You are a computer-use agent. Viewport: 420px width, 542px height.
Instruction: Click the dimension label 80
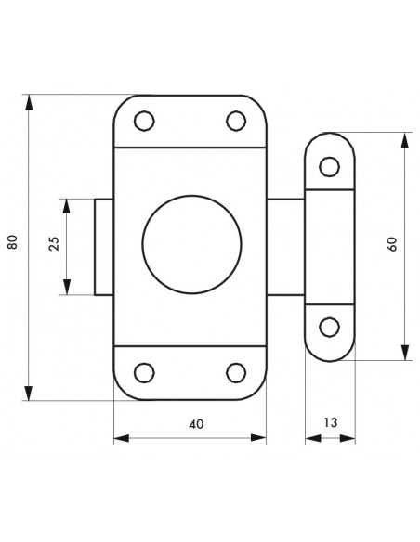coord(12,242)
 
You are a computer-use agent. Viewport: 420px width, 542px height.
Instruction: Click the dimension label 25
coord(54,244)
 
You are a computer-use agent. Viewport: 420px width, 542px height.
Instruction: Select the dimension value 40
coord(196,424)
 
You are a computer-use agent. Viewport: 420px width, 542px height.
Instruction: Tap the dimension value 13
coord(331,422)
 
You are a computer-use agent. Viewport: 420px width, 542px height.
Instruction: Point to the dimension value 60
coord(393,244)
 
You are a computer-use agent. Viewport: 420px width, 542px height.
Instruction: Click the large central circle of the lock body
coord(191,245)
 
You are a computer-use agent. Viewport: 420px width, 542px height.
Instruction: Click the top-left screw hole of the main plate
coord(144,121)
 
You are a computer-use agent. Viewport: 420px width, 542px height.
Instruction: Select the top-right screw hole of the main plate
coord(236,121)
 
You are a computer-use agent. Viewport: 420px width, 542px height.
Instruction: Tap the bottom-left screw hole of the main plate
coord(144,373)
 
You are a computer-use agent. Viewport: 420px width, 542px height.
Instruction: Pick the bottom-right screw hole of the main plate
coord(236,373)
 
